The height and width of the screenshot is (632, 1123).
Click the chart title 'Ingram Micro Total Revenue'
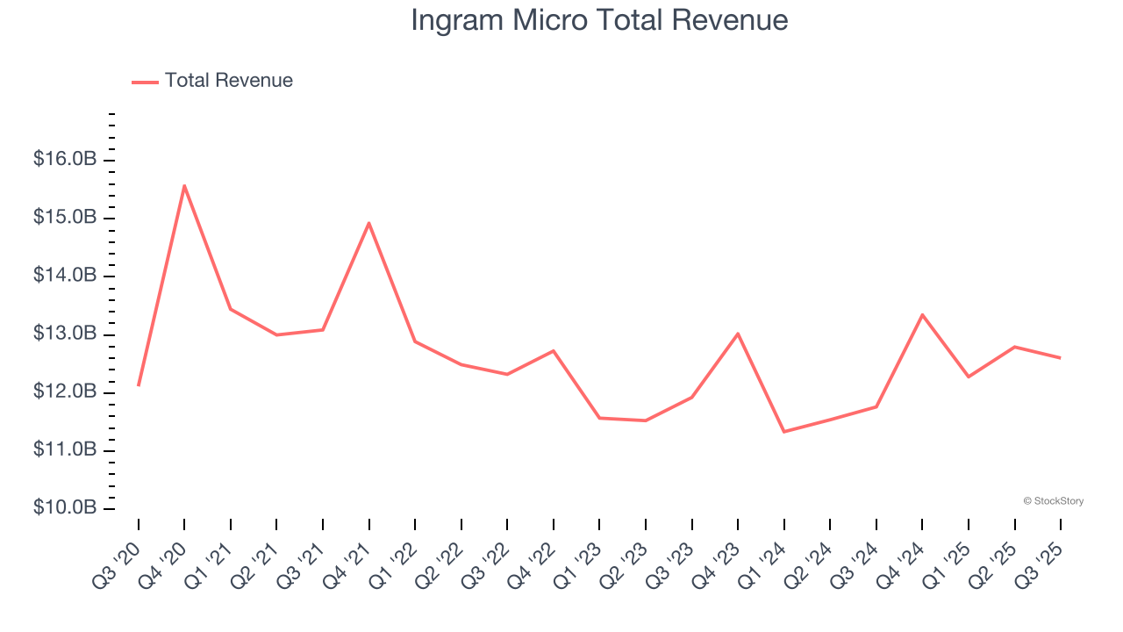click(x=599, y=20)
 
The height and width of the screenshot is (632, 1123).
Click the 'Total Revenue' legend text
click(x=228, y=81)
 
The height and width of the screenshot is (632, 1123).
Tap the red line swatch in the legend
click(x=145, y=82)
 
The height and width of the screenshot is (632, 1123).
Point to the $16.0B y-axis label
click(x=65, y=160)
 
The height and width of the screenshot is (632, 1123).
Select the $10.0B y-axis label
click(x=65, y=508)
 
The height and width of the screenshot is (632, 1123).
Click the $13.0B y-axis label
click(x=65, y=334)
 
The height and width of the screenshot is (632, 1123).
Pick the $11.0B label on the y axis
click(x=65, y=450)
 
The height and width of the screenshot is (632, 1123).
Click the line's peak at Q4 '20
click(x=184, y=185)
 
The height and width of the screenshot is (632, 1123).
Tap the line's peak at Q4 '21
click(x=368, y=223)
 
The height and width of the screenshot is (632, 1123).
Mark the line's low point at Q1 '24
click(x=783, y=431)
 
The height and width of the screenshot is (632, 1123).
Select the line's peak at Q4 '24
click(x=922, y=314)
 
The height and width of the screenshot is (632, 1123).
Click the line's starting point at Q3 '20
click(x=139, y=385)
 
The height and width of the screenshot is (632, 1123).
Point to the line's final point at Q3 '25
click(x=1060, y=357)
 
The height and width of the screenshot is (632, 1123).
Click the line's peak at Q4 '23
click(x=738, y=334)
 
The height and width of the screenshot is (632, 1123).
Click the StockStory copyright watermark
click(x=1053, y=501)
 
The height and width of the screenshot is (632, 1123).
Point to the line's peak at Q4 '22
click(x=553, y=351)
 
